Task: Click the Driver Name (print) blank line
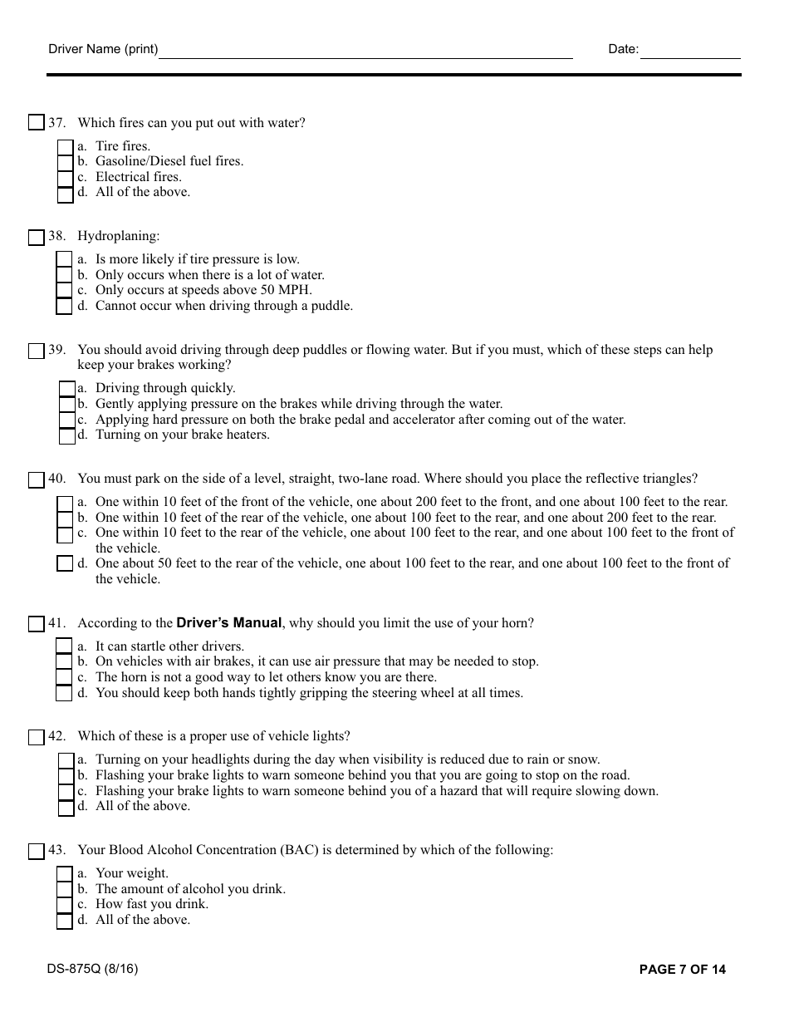point(365,52)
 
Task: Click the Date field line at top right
point(690,52)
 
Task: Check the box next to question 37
point(36,123)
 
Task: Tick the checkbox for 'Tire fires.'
point(65,147)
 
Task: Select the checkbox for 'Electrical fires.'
point(65,178)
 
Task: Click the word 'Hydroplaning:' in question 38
point(119,237)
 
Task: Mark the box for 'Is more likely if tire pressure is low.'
point(64,260)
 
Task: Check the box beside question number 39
point(36,351)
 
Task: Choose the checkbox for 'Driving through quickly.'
point(67,389)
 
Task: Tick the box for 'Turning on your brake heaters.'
point(67,435)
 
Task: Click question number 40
point(56,479)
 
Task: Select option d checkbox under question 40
point(65,564)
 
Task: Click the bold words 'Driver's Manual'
point(229,623)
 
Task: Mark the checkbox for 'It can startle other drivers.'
point(64,646)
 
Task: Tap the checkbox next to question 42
point(36,737)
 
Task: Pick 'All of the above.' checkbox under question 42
point(66,807)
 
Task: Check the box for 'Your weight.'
point(64,874)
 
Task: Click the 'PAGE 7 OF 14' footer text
point(682,970)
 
